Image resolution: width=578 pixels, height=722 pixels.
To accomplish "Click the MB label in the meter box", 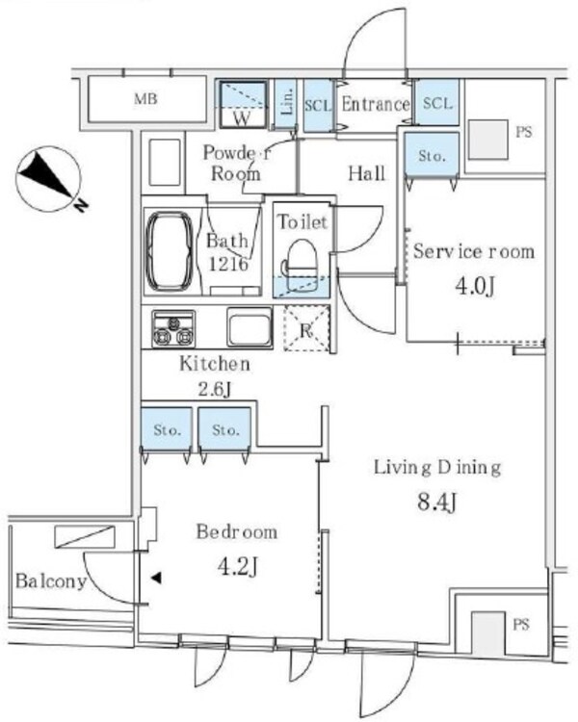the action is [x=145, y=98].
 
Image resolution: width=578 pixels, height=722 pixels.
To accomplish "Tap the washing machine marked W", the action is [x=243, y=105].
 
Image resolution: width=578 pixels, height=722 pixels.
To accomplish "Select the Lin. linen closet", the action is [x=286, y=103].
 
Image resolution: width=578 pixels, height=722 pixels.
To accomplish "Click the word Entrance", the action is [x=375, y=105].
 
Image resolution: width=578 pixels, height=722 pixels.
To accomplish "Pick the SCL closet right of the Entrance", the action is [x=437, y=102].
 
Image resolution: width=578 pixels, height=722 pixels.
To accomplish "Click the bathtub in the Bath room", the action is [x=170, y=251].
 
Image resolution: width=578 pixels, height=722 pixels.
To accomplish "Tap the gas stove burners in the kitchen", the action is [x=173, y=329].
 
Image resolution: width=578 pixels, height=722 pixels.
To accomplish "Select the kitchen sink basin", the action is [x=250, y=327].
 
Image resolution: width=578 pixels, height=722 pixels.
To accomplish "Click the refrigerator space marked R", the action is [x=306, y=328].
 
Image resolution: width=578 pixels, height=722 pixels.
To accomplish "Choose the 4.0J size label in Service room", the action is [x=475, y=287].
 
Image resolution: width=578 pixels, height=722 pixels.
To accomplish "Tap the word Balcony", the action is [x=51, y=581].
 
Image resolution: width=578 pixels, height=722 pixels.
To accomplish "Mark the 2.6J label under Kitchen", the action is [x=214, y=390].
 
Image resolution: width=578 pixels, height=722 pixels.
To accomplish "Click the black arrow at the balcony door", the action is [x=157, y=578].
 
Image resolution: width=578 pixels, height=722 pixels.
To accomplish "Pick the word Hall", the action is [x=366, y=173].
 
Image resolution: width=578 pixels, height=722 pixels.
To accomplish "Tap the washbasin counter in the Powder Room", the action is [x=164, y=162].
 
